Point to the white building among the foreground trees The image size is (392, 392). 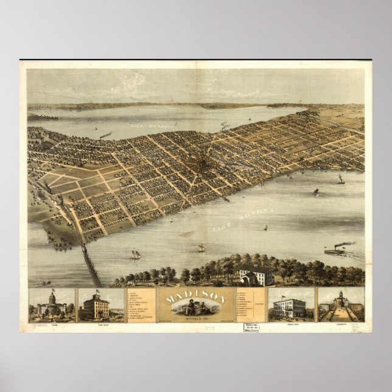[x=255, y=276]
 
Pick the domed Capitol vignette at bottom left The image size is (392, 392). [x=52, y=304]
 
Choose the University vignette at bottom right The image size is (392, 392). [x=341, y=304]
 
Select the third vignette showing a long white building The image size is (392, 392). [x=290, y=304]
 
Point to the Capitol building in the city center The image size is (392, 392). [x=201, y=165]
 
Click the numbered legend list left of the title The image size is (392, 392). [x=141, y=304]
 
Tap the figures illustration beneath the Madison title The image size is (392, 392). [x=195, y=308]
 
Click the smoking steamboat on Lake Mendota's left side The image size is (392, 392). [x=105, y=135]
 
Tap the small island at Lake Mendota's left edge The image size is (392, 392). [x=43, y=117]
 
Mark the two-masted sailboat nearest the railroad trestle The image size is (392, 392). [x=135, y=254]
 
